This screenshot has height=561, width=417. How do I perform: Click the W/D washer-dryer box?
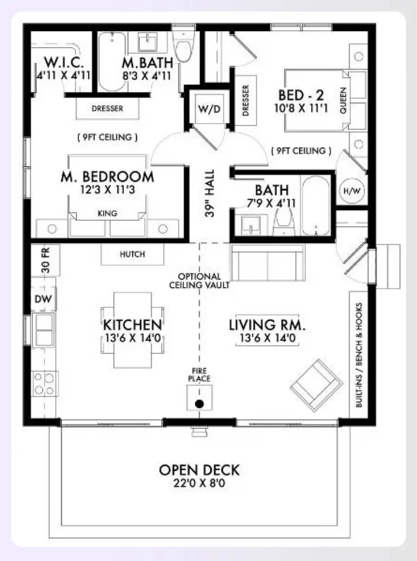pos(209,108)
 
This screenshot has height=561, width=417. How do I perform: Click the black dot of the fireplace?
pos(199,404)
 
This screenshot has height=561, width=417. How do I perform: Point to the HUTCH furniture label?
pos(132,254)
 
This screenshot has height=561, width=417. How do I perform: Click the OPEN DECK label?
pos(199,470)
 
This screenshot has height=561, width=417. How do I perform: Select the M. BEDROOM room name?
pos(107,177)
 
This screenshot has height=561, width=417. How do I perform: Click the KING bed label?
pos(107,214)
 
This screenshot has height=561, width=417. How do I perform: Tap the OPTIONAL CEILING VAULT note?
pos(199,280)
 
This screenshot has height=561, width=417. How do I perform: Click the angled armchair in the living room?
pos(316,385)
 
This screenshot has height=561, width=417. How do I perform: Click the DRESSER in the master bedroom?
pos(107,108)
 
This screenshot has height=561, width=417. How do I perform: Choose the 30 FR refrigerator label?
pos(45,261)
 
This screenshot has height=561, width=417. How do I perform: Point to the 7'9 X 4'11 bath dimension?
pos(272,203)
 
